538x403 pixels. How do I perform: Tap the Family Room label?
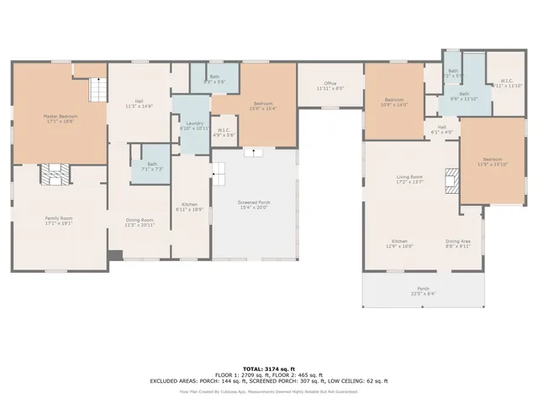pos(58,220)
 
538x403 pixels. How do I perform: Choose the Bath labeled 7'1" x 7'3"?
pos(151,166)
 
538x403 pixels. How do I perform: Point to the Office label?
pos(330,85)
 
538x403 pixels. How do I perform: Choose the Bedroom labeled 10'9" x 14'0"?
pos(393,102)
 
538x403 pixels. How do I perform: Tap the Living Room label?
pos(409,179)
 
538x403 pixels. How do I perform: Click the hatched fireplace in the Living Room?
pos(452,180)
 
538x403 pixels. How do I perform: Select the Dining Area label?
pos(457,243)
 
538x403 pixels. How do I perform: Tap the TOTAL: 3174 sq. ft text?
pos(268,369)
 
